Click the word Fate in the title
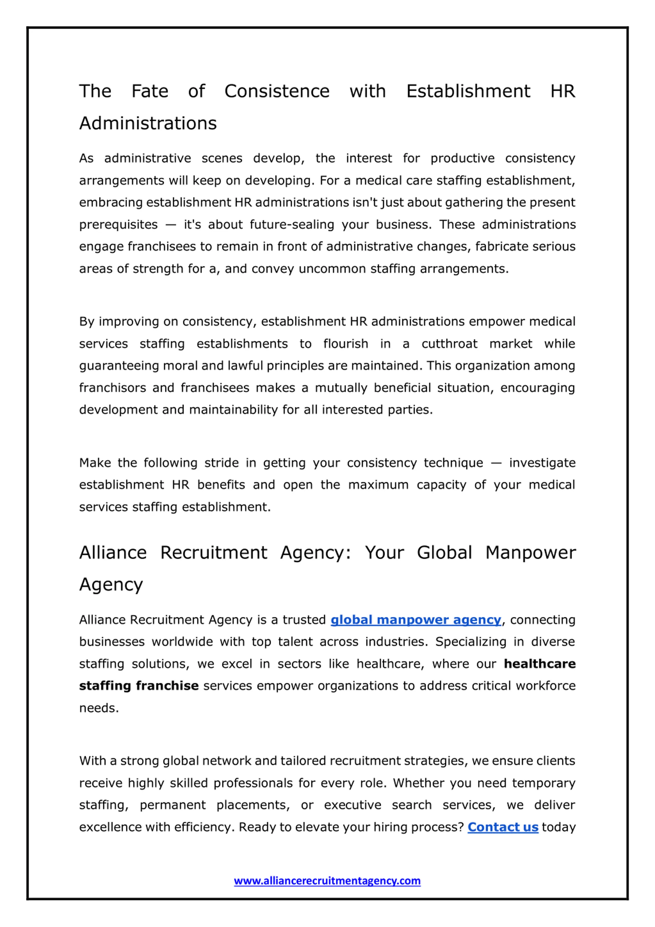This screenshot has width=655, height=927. click(150, 91)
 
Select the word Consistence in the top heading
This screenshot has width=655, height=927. click(277, 91)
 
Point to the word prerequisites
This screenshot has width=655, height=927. click(118, 225)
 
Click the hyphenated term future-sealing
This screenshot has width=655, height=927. click(292, 225)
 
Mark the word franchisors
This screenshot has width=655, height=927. click(112, 388)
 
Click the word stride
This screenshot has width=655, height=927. click(221, 463)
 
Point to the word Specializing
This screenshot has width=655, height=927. click(471, 642)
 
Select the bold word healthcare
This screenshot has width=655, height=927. click(540, 664)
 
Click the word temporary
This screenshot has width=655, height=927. click(543, 783)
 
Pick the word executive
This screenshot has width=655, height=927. click(353, 805)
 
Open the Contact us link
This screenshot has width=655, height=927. click(503, 827)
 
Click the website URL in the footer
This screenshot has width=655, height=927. click(327, 880)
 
